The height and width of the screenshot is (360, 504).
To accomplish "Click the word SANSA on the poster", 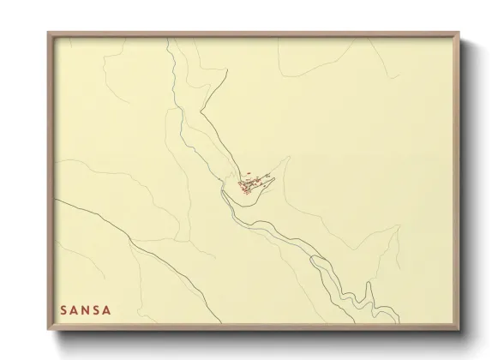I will coord(85,308).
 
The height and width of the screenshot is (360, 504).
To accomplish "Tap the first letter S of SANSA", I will coord(63,308).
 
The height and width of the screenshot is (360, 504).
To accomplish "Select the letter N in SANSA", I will coord(85,308).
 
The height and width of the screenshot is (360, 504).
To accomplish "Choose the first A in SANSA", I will coord(74,308).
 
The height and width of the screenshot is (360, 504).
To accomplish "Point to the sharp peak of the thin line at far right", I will coord(398,227).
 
